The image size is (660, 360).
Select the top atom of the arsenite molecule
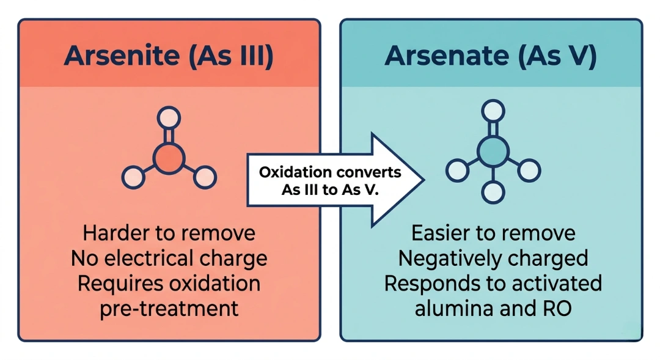click(x=169, y=116)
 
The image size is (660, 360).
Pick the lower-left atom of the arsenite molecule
click(x=133, y=177)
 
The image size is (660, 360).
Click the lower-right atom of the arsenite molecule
click(x=205, y=177)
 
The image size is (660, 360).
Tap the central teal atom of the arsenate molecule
click(x=493, y=150)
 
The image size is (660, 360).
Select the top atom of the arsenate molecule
click(x=493, y=111)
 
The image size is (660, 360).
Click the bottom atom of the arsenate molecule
click(x=493, y=193)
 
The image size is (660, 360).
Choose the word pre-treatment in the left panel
click(x=169, y=308)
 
